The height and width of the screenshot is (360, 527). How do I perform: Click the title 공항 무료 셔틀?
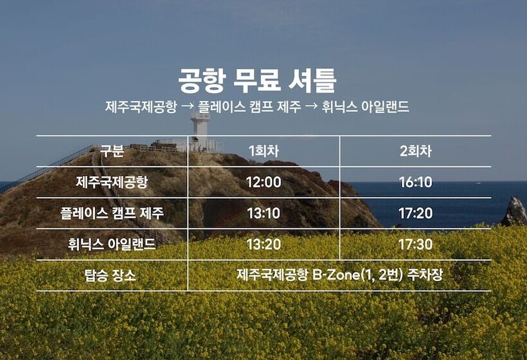[x=257, y=81]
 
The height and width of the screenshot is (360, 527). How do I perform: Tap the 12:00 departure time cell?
[x=264, y=182]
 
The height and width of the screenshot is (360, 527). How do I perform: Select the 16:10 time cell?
[x=415, y=182]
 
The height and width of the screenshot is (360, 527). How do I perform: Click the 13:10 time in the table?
[x=264, y=213]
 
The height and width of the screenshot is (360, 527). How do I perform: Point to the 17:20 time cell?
[x=415, y=213]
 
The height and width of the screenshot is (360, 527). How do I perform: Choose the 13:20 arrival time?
[x=264, y=244]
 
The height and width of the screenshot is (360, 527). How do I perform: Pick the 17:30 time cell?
[x=415, y=244]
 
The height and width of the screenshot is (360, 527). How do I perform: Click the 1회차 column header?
[x=264, y=151]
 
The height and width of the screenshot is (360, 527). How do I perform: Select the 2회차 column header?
[x=415, y=151]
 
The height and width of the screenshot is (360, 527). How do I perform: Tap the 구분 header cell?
[x=112, y=151]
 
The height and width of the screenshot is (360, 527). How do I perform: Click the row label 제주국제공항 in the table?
[x=112, y=182]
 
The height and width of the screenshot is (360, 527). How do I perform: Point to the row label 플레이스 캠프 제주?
[x=112, y=213]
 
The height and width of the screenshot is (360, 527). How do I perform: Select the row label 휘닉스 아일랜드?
[x=112, y=244]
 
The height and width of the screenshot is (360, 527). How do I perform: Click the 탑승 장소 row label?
[x=111, y=276]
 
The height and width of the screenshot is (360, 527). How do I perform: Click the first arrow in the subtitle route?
[x=187, y=107]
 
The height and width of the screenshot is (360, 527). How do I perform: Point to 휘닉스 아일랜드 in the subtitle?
[x=365, y=107]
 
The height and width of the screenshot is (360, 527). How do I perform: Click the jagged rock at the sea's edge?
[x=514, y=211]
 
